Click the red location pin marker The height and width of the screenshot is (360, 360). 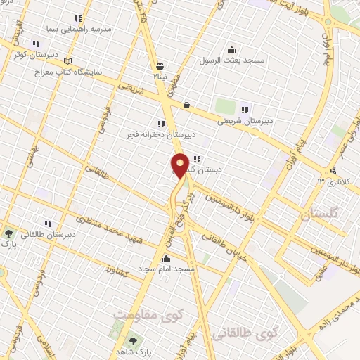[180, 166]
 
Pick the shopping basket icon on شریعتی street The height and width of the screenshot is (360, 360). [186, 105]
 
